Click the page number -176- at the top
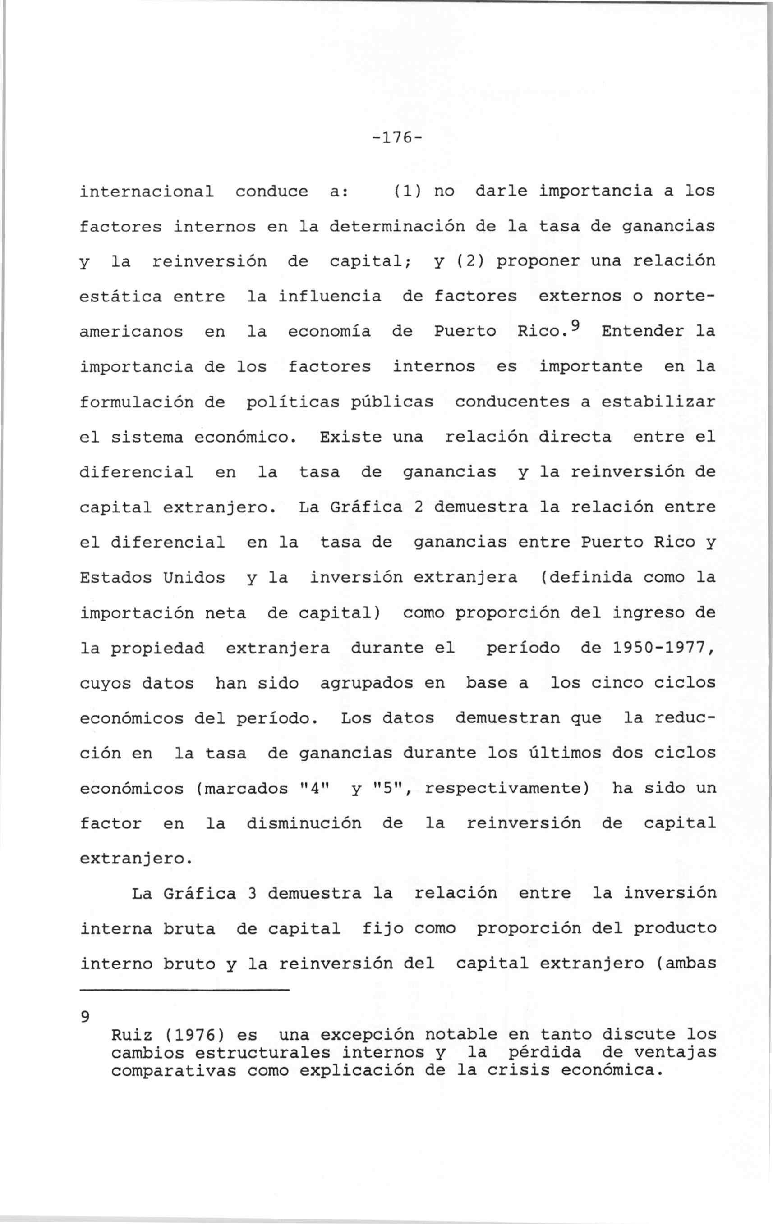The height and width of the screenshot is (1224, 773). pyautogui.click(x=395, y=138)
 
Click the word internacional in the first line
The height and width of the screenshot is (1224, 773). pyautogui.click(x=147, y=192)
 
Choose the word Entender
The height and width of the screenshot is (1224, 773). pyautogui.click(x=642, y=331)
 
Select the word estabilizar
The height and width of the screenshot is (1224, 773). pyautogui.click(x=658, y=402)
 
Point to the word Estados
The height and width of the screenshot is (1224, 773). pyautogui.click(x=116, y=577)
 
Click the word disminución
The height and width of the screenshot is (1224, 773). pyautogui.click(x=304, y=823)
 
